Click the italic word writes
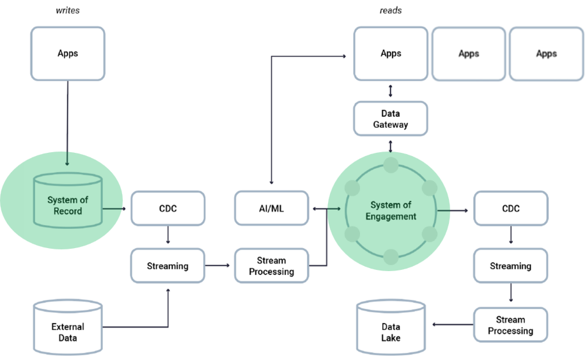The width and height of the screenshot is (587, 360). (x=67, y=11)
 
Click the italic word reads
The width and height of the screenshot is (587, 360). (x=390, y=11)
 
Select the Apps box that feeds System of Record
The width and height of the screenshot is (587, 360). (x=68, y=53)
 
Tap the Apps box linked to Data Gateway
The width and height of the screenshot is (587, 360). (x=391, y=53)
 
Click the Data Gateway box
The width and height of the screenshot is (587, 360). (x=391, y=119)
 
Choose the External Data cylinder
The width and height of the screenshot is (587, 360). (x=68, y=327)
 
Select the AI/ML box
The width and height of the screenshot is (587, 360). (x=272, y=208)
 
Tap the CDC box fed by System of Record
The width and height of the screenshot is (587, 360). (x=168, y=208)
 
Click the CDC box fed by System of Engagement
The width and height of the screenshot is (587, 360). (x=510, y=208)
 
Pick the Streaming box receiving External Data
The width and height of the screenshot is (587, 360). (x=168, y=265)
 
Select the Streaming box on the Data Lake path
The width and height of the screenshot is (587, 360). (x=510, y=265)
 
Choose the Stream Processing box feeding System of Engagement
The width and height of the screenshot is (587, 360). (x=272, y=266)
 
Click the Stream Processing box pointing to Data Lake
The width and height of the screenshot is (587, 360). (x=510, y=325)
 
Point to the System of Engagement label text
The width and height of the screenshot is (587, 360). (x=391, y=210)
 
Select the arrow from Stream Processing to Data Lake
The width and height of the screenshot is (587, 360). (x=453, y=325)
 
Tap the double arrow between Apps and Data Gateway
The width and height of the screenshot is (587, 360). (x=391, y=90)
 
